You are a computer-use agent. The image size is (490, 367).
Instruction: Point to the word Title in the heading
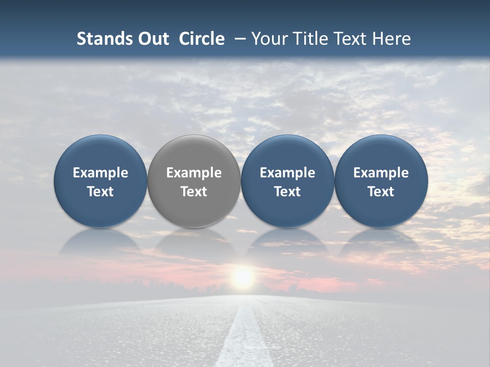(x=309, y=39)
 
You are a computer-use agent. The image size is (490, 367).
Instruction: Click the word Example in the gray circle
(x=194, y=173)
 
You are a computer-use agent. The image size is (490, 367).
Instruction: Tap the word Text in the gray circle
(x=194, y=192)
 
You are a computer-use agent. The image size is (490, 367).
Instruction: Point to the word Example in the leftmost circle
(x=101, y=173)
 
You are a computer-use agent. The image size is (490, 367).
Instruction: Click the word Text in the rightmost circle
(x=381, y=192)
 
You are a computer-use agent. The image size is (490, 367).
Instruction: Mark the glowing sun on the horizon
(x=242, y=277)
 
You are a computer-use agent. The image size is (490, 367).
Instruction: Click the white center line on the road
(x=244, y=336)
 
